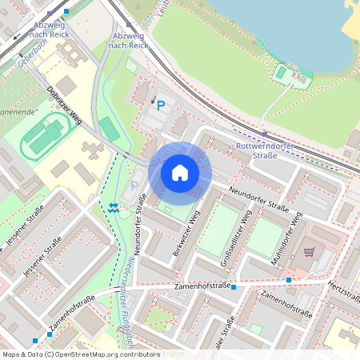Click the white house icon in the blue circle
click(179, 172)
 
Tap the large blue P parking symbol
click(161, 105)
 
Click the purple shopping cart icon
click(309, 252)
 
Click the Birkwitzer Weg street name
click(185, 234)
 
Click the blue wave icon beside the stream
click(114, 206)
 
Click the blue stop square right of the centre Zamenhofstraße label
click(234, 286)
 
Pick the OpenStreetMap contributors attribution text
click(80, 354)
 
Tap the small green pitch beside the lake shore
click(281, 74)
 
